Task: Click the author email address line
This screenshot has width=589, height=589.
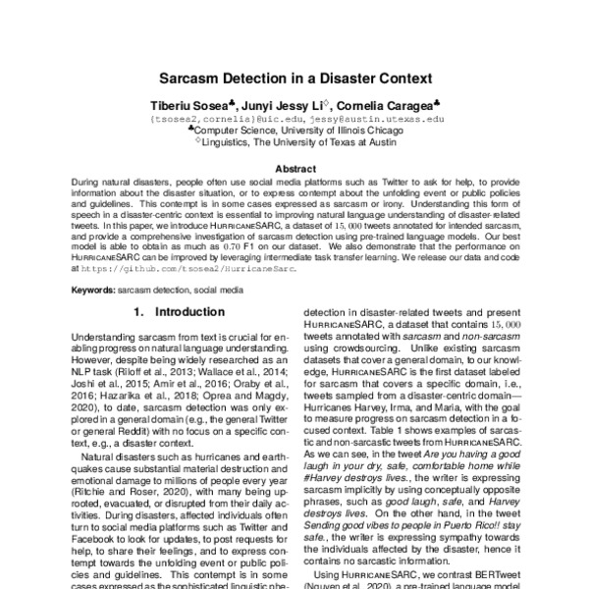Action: click(294, 117)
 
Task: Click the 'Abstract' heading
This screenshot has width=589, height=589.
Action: click(294, 168)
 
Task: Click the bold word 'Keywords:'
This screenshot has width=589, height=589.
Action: click(93, 292)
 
